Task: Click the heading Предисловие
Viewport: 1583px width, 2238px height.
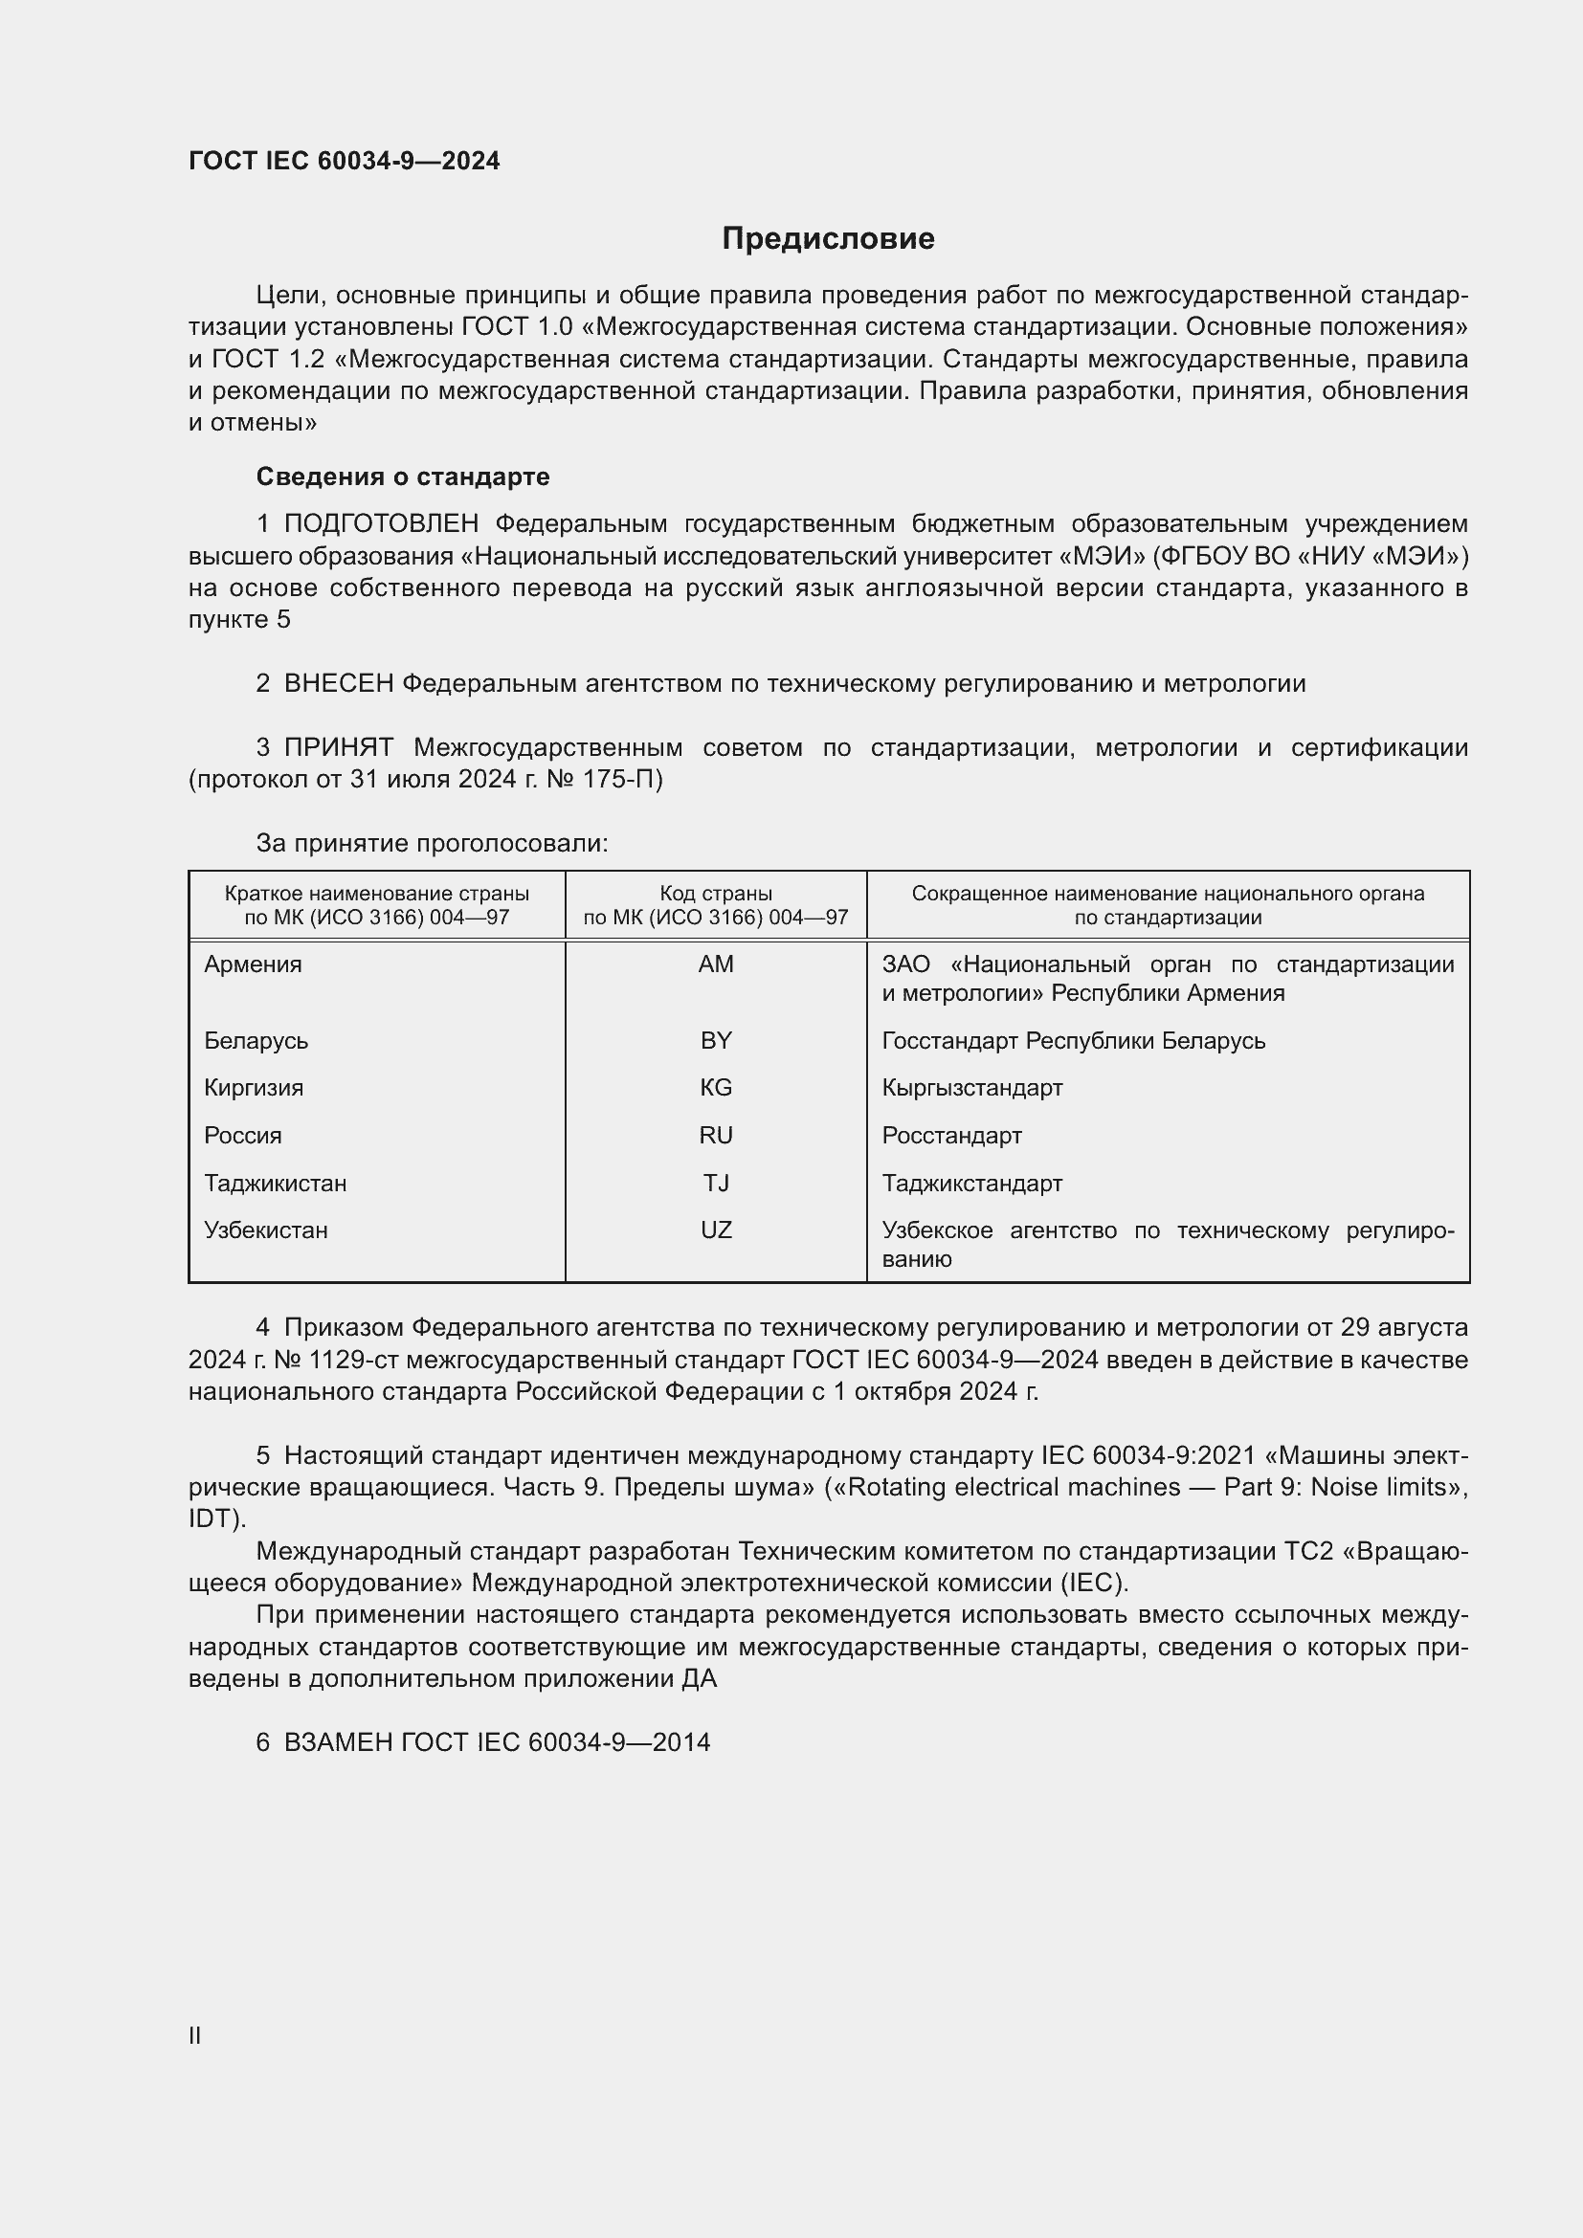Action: (x=828, y=238)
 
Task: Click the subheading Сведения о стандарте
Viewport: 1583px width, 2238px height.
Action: (x=403, y=476)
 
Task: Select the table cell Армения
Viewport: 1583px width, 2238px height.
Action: (x=254, y=964)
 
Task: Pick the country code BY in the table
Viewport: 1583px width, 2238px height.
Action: (x=716, y=1040)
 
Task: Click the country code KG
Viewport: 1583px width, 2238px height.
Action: (x=716, y=1088)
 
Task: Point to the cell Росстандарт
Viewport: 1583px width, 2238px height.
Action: (x=951, y=1136)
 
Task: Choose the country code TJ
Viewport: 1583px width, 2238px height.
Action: (x=716, y=1184)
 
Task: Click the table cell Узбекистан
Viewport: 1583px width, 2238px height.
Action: (x=266, y=1230)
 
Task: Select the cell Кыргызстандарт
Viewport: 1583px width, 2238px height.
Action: (x=971, y=1088)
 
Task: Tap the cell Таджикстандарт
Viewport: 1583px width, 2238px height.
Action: (x=971, y=1184)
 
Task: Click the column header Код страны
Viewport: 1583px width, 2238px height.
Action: (x=716, y=894)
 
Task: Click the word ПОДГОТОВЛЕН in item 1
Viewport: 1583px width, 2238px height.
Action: (x=381, y=524)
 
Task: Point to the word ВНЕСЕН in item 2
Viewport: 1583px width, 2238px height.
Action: (x=338, y=684)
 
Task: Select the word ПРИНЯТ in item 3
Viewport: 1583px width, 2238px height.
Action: (x=338, y=747)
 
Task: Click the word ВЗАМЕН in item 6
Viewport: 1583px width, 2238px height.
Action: (x=338, y=1742)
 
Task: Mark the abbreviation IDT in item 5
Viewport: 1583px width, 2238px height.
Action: (x=212, y=1518)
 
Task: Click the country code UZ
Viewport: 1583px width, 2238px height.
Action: (x=716, y=1230)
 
